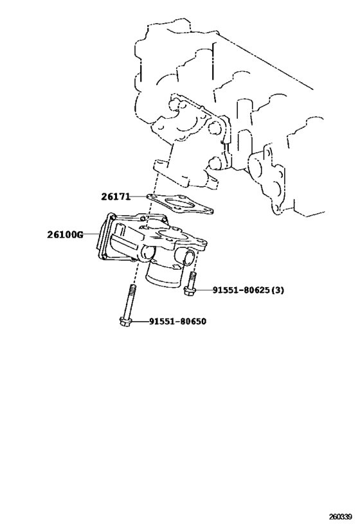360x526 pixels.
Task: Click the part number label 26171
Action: [116, 197]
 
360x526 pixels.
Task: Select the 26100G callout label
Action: [65, 234]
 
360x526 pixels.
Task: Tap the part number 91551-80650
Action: [177, 321]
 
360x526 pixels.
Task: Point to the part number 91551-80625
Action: [241, 290]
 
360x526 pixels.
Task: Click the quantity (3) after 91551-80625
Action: [277, 290]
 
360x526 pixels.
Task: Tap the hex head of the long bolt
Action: [125, 321]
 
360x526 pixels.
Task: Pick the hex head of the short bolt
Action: [190, 290]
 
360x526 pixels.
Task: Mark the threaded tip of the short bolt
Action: [192, 274]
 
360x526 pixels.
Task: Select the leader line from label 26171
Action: [139, 197]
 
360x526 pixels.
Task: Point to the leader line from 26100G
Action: [91, 234]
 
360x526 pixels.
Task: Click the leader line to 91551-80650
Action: [140, 321]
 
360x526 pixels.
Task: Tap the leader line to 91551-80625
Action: [204, 290]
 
